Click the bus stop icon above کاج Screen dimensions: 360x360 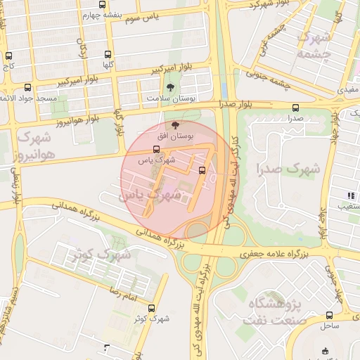(8, 56)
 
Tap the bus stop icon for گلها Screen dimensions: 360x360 (108, 53)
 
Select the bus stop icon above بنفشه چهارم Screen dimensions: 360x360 (103, 4)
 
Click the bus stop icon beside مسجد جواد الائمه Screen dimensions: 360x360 (27, 88)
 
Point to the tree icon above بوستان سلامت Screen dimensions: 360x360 (171, 87)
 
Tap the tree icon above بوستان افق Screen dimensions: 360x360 (176, 124)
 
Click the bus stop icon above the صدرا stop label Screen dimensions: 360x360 (295, 108)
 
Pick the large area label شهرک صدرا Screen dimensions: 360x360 (288, 169)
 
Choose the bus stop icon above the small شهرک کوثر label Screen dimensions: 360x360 (151, 308)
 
